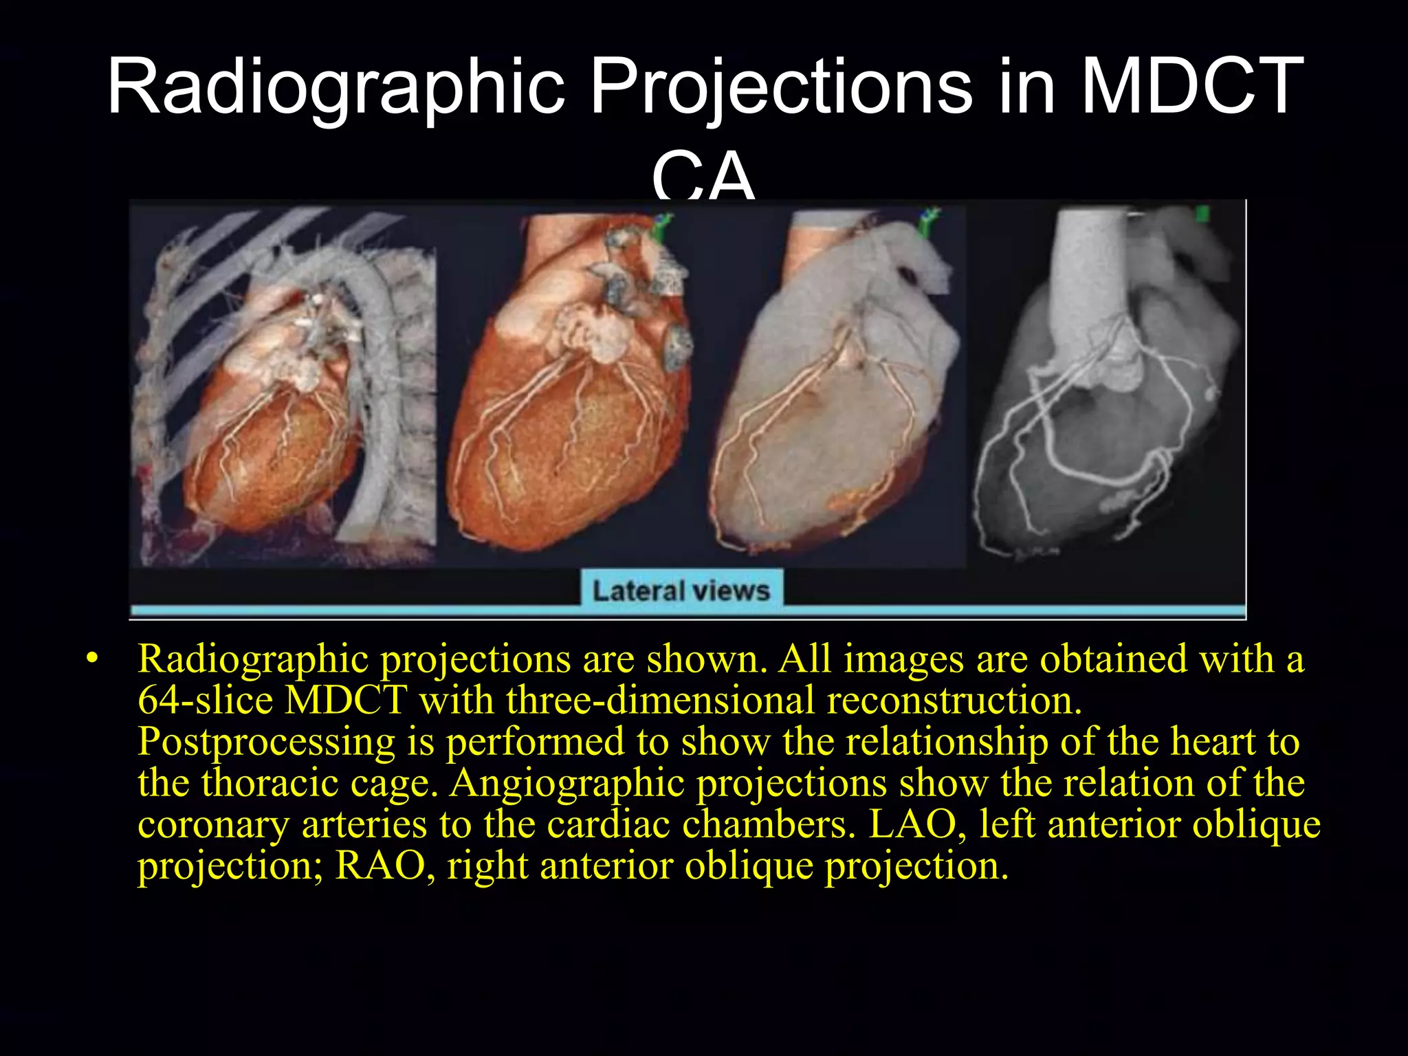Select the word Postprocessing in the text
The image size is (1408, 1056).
point(266,742)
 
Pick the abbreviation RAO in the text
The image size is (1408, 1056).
point(379,866)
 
